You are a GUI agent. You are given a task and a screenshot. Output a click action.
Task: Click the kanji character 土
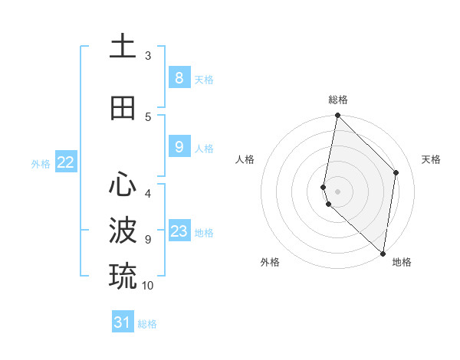click(x=123, y=47)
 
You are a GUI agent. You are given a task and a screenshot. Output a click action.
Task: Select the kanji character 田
click(x=123, y=108)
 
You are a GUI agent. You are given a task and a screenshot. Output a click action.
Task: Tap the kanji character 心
click(x=123, y=185)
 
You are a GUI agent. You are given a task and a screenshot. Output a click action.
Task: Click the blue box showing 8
click(x=179, y=77)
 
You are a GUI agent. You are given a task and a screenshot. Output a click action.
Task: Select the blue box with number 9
click(x=179, y=147)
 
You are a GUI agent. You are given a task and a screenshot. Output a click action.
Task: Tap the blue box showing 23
click(x=179, y=231)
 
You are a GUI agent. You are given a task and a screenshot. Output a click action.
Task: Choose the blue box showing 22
click(x=66, y=162)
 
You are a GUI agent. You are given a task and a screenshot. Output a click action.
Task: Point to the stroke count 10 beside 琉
click(x=148, y=286)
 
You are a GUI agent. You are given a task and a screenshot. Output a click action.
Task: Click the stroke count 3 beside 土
click(x=148, y=56)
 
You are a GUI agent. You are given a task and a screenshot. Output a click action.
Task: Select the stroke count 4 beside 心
click(x=148, y=194)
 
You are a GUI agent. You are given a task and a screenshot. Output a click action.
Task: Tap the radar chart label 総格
click(x=337, y=100)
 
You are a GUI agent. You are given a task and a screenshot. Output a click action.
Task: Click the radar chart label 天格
click(x=431, y=159)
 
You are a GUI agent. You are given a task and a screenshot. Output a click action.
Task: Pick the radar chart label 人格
click(x=245, y=159)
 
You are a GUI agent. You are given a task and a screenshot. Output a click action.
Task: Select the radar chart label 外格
click(x=269, y=262)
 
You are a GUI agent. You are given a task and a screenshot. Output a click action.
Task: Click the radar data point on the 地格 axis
click(x=383, y=254)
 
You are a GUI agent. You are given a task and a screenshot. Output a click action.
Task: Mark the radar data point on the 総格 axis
click(x=337, y=116)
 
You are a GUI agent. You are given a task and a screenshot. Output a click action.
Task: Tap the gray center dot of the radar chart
click(x=337, y=191)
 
